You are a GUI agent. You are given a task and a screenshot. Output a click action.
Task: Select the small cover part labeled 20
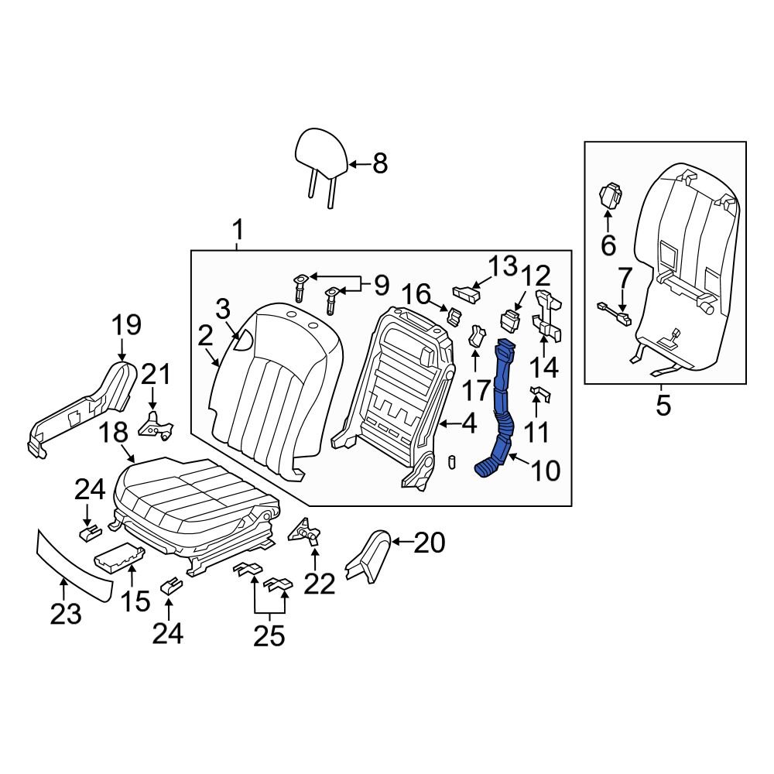[x=370, y=555]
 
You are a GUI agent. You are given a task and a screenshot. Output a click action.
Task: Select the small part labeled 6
[x=611, y=195]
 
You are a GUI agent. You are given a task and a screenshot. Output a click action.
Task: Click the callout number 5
[x=663, y=405]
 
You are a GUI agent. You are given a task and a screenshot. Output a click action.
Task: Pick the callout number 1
[x=238, y=230]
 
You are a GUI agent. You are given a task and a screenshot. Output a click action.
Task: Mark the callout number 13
[x=502, y=267]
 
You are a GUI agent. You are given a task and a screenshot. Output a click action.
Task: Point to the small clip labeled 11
[x=539, y=396]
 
